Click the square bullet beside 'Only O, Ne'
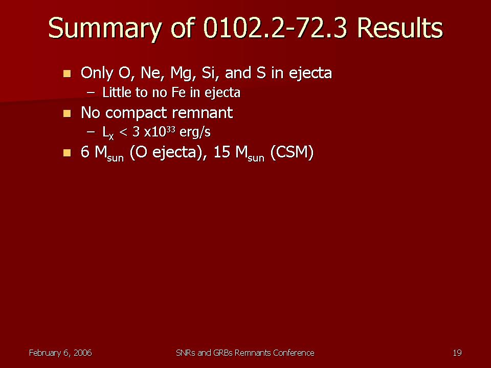click(x=67, y=74)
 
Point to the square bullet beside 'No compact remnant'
click(x=67, y=113)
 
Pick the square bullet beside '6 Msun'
click(x=67, y=153)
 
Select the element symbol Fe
click(x=178, y=93)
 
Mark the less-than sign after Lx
click(x=123, y=132)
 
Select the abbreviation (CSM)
click(x=292, y=153)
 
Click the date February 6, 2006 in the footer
click(x=60, y=353)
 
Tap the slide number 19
click(x=457, y=353)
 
